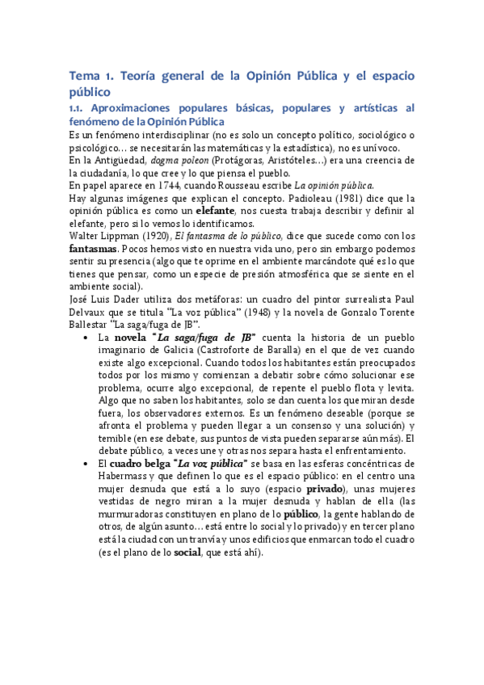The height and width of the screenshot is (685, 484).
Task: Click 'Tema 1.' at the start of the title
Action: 92,76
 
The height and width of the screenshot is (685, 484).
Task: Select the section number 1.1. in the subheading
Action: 79,107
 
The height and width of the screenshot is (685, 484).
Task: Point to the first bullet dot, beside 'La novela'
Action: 86,338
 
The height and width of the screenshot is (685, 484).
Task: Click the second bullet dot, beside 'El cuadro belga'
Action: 86,464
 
